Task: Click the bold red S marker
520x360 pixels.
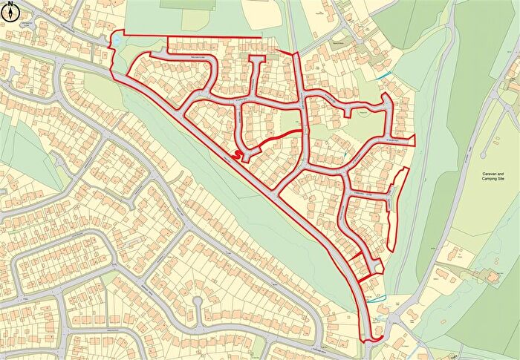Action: pyautogui.click(x=237, y=154)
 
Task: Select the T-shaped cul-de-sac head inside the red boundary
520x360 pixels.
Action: pyautogui.click(x=256, y=59)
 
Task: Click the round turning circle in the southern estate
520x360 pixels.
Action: pyautogui.click(x=197, y=302)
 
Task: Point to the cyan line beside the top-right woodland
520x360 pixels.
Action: pyautogui.click(x=383, y=74)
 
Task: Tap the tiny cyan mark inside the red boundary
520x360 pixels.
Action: pyautogui.click(x=346, y=154)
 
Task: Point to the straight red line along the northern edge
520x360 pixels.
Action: pyautogui.click(x=215, y=37)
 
